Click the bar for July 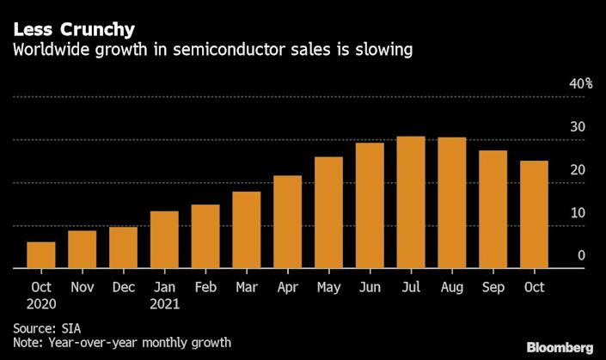[x=411, y=203]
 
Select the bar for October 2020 [x=41, y=255]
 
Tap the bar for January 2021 [x=164, y=240]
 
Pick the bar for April [x=288, y=222]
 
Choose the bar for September [x=493, y=210]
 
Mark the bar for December [x=123, y=247]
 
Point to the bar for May [x=329, y=213]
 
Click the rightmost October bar [x=534, y=215]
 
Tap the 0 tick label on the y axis [x=581, y=255]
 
